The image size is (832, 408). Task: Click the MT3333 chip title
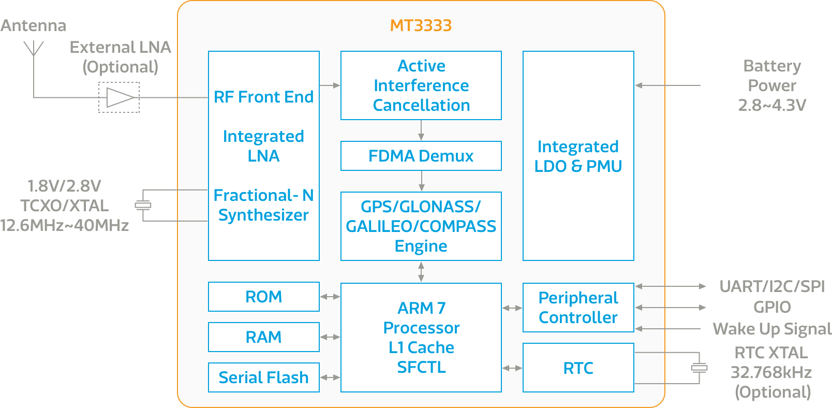coord(421,25)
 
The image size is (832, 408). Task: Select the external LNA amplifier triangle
coord(120,97)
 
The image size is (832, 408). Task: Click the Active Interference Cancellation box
coord(421,85)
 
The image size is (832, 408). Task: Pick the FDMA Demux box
coord(421,156)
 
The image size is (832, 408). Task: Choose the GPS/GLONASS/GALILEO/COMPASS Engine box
coord(421,226)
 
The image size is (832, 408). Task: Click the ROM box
coord(263,297)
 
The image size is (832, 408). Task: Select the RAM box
coord(263,337)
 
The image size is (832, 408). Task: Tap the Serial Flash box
coord(263,377)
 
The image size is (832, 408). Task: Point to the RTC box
coord(578,368)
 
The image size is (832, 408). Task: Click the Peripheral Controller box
coord(578,308)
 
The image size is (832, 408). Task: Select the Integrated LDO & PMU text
coord(578,156)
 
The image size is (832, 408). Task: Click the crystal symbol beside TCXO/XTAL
coord(143,205)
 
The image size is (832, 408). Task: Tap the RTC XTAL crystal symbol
coord(699,368)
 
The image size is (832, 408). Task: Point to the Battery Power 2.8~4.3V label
coord(771,85)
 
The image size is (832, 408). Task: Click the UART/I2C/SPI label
coord(771,286)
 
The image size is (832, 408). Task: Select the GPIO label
coord(771,307)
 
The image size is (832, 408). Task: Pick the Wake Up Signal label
coord(771,329)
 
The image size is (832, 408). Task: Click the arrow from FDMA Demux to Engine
coord(421,181)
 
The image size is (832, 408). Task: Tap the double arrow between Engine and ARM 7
coord(421,272)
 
